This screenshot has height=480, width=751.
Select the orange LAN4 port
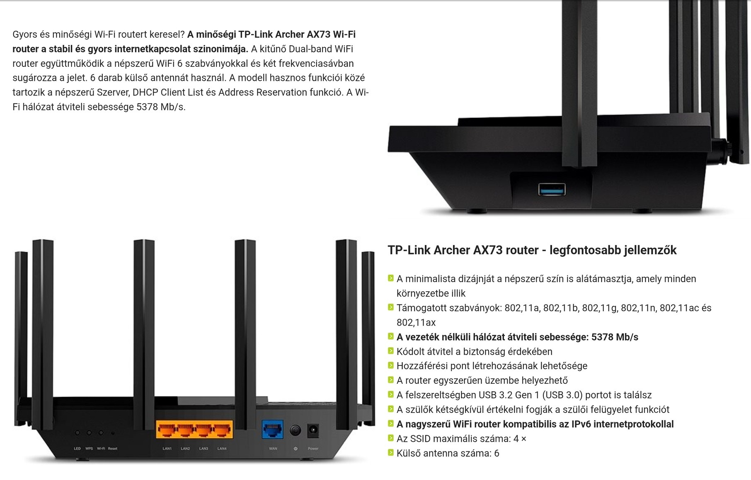222,430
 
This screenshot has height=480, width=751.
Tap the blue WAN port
273,430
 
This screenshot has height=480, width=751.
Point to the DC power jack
313,430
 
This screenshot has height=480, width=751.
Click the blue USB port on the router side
552,190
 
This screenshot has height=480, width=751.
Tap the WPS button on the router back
89,433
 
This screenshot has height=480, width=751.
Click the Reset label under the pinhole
113,448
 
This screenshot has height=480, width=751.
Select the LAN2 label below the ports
185,448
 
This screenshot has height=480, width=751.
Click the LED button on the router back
77,433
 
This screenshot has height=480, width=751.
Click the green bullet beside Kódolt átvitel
390,351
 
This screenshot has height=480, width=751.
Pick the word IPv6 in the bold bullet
583,424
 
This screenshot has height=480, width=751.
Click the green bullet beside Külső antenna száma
390,453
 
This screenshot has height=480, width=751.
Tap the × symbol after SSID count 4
523,439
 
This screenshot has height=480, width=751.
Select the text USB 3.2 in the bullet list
495,395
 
